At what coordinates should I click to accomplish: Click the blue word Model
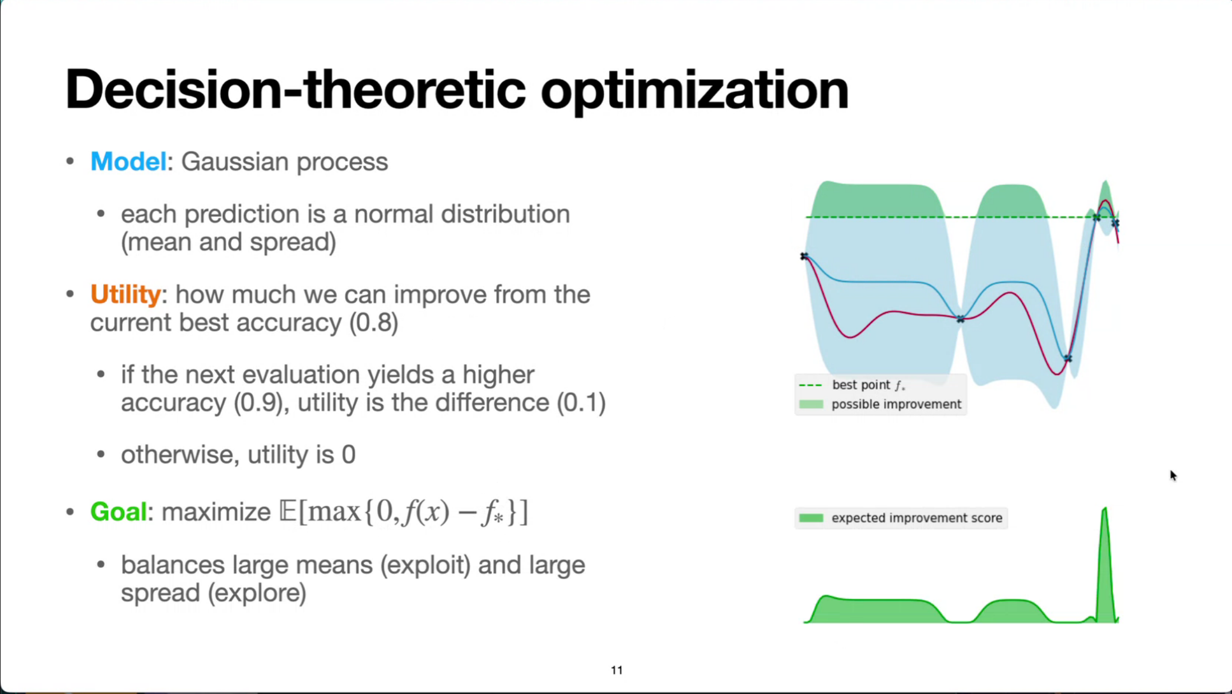click(128, 161)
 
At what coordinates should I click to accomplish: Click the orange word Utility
click(126, 294)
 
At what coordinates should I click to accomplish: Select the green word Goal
click(118, 511)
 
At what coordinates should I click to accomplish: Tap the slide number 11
click(617, 670)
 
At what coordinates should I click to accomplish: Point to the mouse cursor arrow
click(1173, 475)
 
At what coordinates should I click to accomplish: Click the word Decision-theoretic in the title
click(295, 90)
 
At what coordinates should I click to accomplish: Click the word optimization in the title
click(694, 92)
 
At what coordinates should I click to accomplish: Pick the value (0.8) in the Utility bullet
click(373, 323)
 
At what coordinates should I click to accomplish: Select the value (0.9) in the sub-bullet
click(258, 402)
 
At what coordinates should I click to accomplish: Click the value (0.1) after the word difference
click(581, 402)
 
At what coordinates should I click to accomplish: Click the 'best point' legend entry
click(852, 385)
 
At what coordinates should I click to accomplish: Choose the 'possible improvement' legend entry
click(880, 404)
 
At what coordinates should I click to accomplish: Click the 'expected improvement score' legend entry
click(901, 518)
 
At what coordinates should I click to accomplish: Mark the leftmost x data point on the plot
click(804, 256)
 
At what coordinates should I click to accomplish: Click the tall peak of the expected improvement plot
click(1105, 509)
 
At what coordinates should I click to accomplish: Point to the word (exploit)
click(425, 565)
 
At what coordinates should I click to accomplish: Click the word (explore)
click(257, 593)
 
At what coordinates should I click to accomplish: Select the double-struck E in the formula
click(288, 511)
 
